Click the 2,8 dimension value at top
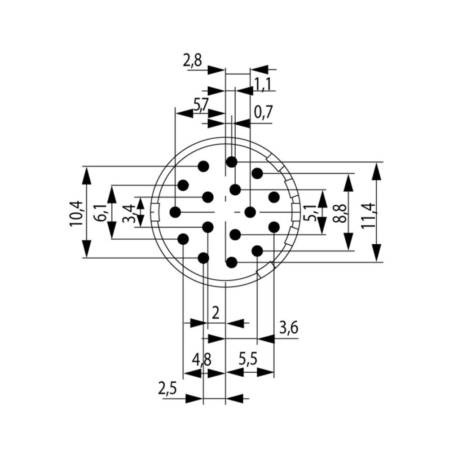coord(192,61)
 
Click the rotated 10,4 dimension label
coord(76,213)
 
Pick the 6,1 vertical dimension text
coord(102,212)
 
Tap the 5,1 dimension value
coord(310,212)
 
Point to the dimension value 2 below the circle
coord(216,313)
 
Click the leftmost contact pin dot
coord(175,211)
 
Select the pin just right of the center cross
coord(250,211)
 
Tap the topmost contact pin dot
coord(231,162)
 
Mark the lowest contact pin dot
coord(231,262)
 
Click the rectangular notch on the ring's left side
coord(155,212)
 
